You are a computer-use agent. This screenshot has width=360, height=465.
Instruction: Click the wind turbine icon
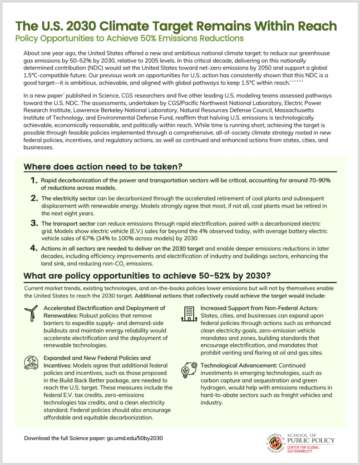(x=31, y=313)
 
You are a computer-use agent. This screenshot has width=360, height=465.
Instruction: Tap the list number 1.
(x=33, y=181)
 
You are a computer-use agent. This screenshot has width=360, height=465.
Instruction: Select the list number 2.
(x=33, y=198)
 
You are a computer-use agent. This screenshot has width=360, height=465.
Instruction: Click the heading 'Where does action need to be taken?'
(x=103, y=167)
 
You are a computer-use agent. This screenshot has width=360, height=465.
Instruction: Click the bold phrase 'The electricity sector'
(x=69, y=198)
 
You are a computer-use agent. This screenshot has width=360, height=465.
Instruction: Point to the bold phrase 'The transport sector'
(x=67, y=223)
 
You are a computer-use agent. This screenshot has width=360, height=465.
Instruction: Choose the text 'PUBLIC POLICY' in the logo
(x=311, y=440)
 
